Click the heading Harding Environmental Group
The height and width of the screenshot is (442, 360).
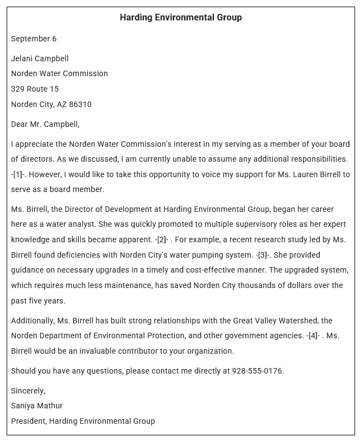[180, 18]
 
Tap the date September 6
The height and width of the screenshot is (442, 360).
[34, 39]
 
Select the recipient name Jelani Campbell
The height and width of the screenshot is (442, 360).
[40, 58]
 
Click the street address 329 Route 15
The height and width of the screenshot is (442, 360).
[35, 89]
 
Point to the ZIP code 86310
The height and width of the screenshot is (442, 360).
[80, 104]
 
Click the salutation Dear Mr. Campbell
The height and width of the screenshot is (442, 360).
[45, 124]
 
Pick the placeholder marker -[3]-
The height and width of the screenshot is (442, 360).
[264, 255]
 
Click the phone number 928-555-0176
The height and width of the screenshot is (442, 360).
[257, 371]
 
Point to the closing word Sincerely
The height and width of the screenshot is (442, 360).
[28, 391]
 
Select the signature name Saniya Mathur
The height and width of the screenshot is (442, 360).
[37, 406]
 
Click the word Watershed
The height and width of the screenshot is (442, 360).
[299, 321]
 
